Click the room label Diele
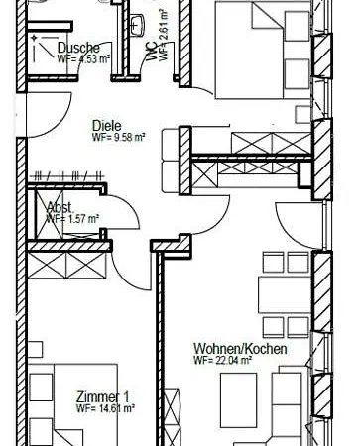[107, 126]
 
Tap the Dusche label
[78, 48]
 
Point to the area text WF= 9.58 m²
[119, 137]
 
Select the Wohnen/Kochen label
[240, 349]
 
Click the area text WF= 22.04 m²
[223, 360]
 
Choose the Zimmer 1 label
[102, 396]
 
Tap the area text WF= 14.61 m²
[105, 408]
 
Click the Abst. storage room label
[60, 208]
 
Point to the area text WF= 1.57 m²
[72, 219]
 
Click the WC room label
[152, 53]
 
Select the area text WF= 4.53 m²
[83, 58]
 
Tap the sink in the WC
[138, 24]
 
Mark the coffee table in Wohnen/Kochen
[238, 397]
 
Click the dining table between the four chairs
[284, 295]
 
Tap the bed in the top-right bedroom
[263, 50]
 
